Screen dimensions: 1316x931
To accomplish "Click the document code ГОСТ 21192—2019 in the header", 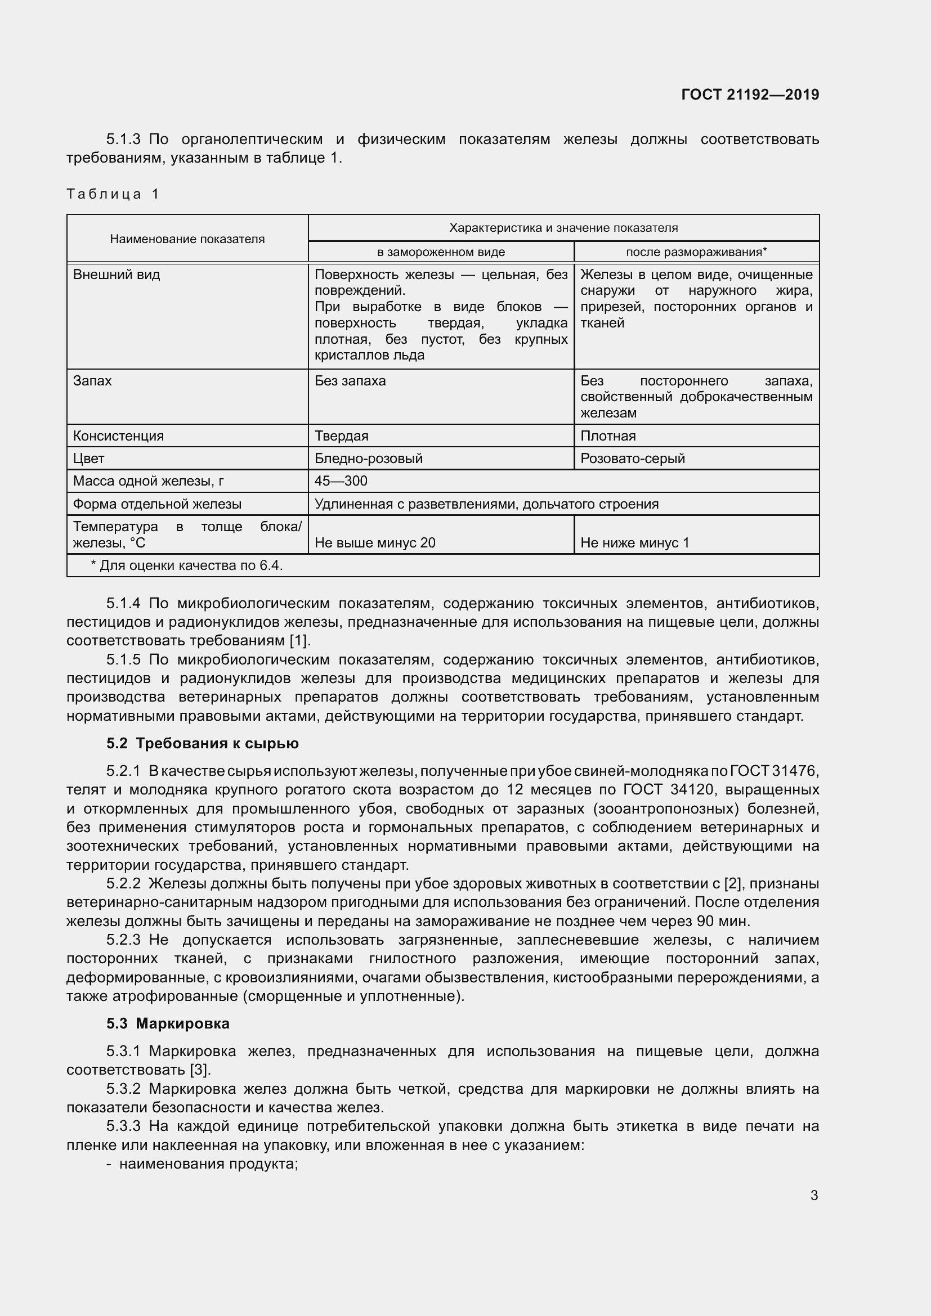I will tap(750, 95).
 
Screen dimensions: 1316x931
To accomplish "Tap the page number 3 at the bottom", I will tap(814, 1195).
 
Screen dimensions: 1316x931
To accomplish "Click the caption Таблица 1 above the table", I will tap(113, 194).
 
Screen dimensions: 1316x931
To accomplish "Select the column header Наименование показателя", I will tap(187, 239).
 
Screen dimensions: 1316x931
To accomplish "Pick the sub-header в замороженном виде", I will tap(440, 251).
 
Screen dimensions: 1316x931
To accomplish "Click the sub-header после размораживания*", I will tap(696, 251).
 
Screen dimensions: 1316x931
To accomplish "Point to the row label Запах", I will tap(92, 381).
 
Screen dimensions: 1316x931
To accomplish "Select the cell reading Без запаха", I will tap(350, 381).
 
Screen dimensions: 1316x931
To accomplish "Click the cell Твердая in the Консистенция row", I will tap(341, 435).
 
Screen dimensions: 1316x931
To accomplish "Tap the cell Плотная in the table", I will tap(608, 435).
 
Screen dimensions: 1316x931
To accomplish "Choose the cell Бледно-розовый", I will tap(368, 459).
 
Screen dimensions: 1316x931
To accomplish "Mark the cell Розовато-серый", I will tap(632, 459).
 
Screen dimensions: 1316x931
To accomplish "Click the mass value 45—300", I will tap(341, 481).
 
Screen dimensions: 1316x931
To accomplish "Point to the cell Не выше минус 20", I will tap(374, 543).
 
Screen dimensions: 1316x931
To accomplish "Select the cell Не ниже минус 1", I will tap(634, 543).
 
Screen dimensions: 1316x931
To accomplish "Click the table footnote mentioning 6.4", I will tap(187, 565).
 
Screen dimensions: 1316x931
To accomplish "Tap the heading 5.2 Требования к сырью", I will tap(203, 743).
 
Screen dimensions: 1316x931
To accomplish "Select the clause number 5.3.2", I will tap(123, 1089).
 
